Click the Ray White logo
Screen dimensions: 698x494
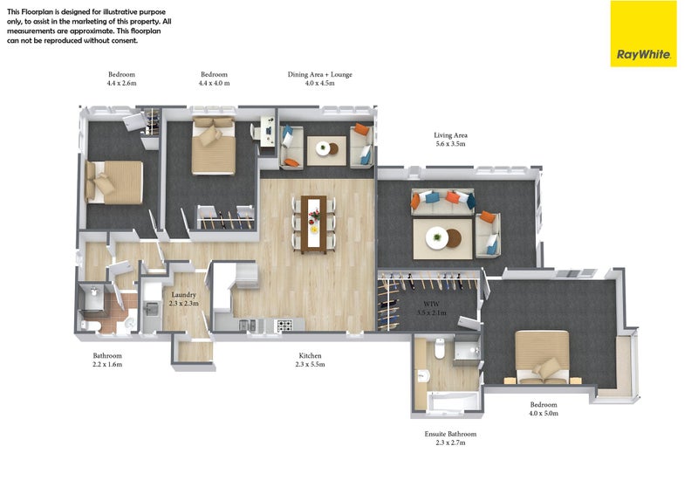coord(643,34)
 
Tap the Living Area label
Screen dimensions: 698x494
coord(450,135)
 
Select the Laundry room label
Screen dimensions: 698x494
coord(184,295)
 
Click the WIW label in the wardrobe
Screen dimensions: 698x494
coord(431,304)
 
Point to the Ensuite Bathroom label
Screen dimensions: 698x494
coord(450,434)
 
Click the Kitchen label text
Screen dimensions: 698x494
coord(310,355)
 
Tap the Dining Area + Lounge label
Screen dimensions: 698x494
coord(319,74)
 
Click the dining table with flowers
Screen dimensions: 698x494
coord(314,224)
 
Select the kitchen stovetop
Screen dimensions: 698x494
coord(285,326)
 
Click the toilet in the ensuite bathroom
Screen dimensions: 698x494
coord(440,349)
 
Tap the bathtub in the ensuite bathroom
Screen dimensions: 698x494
coord(453,401)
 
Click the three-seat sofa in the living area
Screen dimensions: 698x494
coord(442,202)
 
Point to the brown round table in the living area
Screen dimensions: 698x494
coord(454,238)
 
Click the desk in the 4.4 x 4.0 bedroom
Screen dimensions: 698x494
coord(268,131)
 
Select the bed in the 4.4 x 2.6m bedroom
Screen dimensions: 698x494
coord(114,182)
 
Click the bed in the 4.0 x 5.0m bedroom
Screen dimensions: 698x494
coord(542,357)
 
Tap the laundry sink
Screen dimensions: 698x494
coord(152,309)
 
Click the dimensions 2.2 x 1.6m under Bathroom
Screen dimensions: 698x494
coord(107,364)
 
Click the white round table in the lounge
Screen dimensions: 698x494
coord(323,148)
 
